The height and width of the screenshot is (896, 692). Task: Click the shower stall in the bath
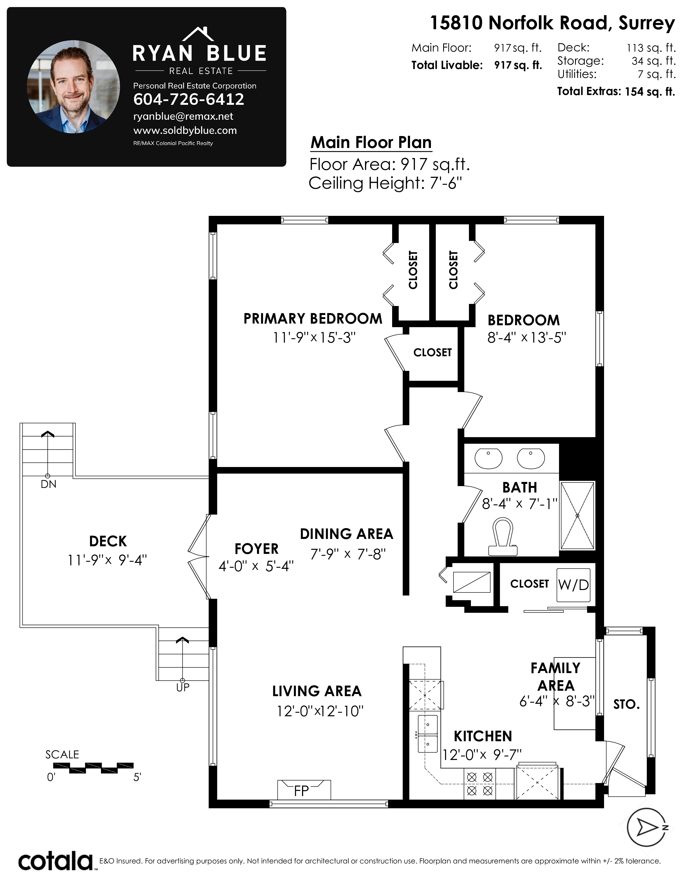tap(577, 516)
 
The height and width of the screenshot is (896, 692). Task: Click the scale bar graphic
tap(93, 768)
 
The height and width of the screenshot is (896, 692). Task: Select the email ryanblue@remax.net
tap(183, 116)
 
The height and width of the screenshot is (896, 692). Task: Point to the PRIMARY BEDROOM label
tap(313, 319)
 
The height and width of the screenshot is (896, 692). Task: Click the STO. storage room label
tap(626, 704)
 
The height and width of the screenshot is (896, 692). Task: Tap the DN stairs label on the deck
tap(48, 484)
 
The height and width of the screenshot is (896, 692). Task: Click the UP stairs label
tap(183, 687)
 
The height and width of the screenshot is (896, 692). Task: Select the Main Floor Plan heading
tap(371, 142)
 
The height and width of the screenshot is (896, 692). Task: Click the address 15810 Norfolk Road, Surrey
tap(552, 23)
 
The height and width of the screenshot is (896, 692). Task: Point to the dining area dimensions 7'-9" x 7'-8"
tap(348, 554)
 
